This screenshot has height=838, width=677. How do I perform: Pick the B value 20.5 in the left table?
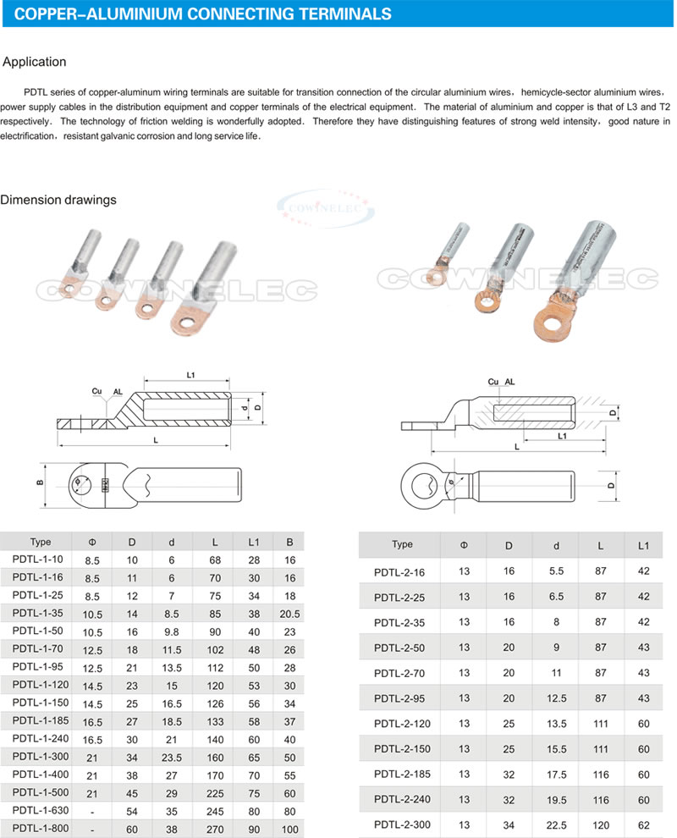290,612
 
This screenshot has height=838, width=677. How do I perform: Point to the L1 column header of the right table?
644,544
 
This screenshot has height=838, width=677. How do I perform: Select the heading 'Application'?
35,62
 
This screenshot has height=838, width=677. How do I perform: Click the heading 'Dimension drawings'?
58,200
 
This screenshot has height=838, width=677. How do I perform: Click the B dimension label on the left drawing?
40,483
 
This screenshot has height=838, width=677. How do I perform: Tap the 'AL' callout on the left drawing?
118,392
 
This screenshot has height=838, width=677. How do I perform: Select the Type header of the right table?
402,544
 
